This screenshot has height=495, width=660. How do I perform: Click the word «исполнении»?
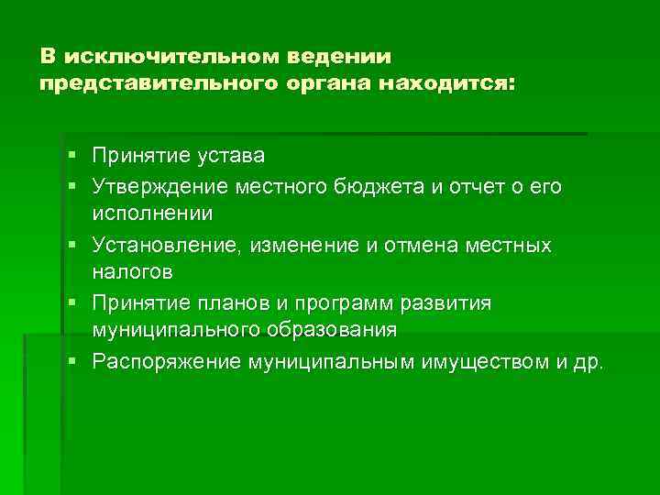(x=151, y=214)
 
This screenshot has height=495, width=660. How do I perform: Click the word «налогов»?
(x=132, y=272)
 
